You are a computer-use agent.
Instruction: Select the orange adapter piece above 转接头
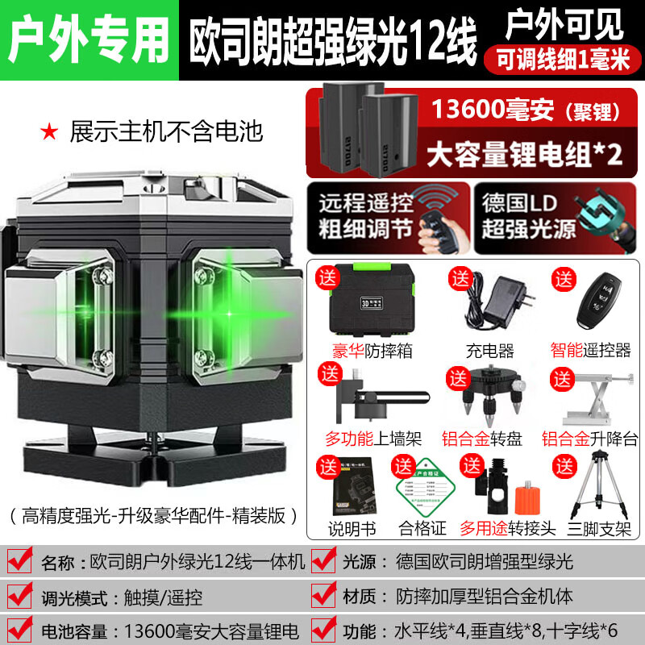point(507,496)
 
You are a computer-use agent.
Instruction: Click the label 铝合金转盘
point(481,439)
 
